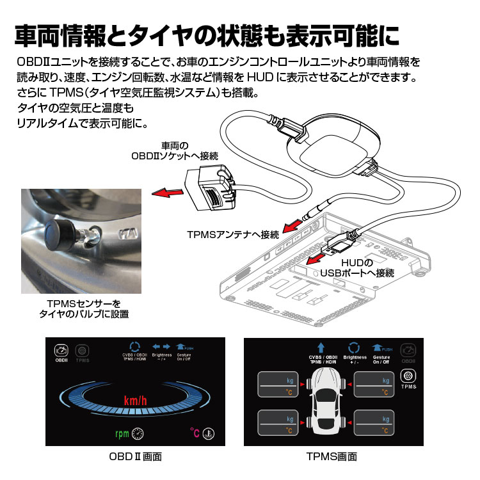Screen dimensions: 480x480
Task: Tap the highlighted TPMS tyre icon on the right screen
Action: [x=408, y=376]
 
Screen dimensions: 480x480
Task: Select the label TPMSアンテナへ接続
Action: [x=233, y=235]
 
